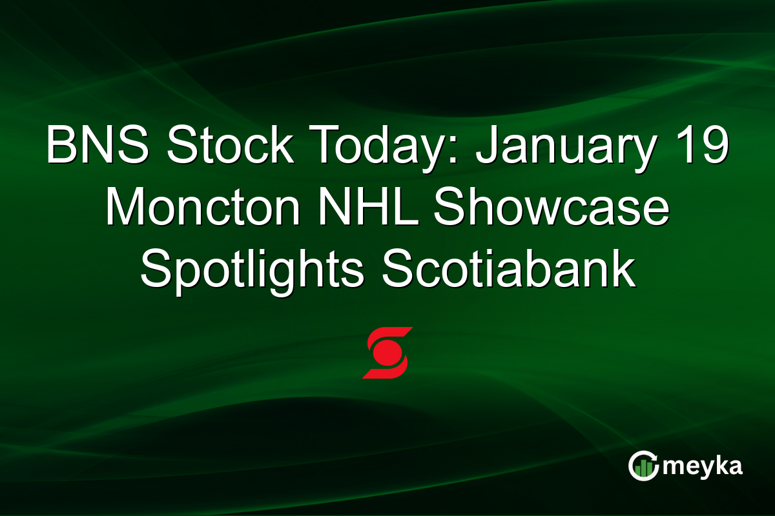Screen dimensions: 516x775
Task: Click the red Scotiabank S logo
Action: point(387,352)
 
